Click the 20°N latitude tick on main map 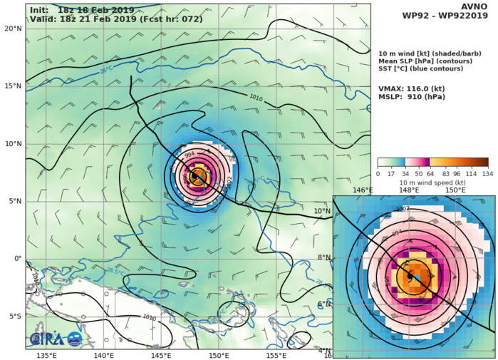click(x=12, y=29)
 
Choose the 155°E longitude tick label click(x=276, y=354)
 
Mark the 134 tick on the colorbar click(x=487, y=173)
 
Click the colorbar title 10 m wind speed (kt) click(x=432, y=181)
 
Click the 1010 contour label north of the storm click(x=256, y=97)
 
